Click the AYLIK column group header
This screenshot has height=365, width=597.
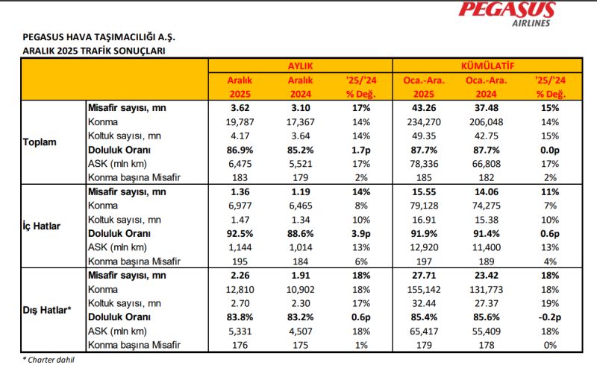click(299, 66)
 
